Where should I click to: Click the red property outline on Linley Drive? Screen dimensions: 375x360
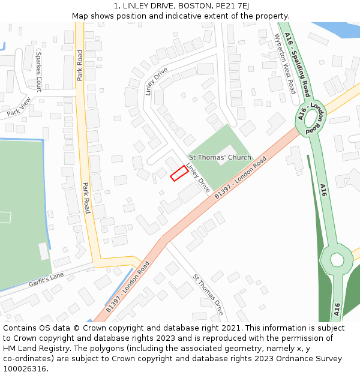tap(178, 173)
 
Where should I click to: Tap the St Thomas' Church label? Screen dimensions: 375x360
tap(220, 157)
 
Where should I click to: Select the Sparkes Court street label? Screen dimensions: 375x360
tap(39, 71)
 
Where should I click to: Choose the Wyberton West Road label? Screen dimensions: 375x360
tap(285, 64)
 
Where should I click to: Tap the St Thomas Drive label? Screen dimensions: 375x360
tap(208, 295)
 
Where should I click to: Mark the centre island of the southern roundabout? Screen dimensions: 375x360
tap(337, 260)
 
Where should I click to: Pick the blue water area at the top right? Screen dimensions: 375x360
tap(336, 31)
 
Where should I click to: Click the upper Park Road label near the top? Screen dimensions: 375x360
tap(80, 65)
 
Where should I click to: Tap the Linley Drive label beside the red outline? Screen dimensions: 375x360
tap(198, 178)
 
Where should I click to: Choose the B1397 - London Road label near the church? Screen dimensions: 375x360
tap(240, 178)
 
